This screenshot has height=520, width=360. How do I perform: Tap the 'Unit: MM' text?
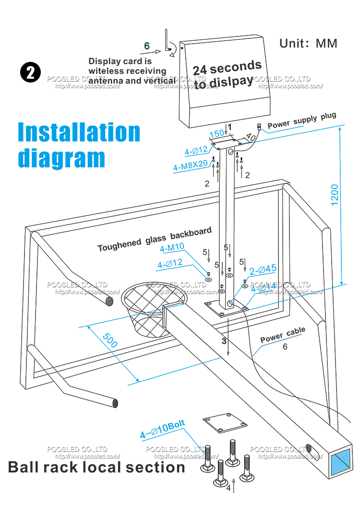coord(308,43)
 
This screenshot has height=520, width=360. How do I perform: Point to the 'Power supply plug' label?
coord(302,121)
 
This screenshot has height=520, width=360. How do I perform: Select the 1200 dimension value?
coord(335,195)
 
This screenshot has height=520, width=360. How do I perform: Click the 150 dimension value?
coord(217,133)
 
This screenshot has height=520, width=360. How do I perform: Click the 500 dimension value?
coord(110,340)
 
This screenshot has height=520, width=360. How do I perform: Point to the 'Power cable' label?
coord(282,335)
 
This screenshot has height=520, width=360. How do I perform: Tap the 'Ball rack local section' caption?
coord(96,467)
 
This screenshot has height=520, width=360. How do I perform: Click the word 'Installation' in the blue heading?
coord(79,132)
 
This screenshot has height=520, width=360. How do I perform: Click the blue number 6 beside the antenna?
coord(147,46)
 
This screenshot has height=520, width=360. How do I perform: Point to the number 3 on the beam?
coord(224,341)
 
